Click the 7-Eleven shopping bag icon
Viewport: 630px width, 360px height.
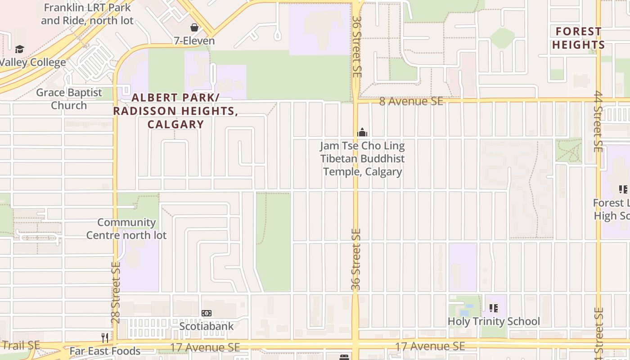194,27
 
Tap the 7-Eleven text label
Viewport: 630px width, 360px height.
194,41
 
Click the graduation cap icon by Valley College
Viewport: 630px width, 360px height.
19,49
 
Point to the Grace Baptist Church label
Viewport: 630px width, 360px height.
69,99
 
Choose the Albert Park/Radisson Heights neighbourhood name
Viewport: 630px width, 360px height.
175,111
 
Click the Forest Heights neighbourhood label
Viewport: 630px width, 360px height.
578,38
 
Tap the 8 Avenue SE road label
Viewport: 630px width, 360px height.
411,101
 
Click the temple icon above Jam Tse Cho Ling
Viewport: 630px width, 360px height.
362,132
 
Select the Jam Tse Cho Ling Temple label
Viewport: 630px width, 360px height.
362,159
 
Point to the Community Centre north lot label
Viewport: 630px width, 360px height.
126,229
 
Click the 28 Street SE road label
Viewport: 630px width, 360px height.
116,292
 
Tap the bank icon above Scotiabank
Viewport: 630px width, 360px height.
207,313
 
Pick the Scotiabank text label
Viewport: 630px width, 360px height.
207,326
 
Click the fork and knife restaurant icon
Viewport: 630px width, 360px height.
104,337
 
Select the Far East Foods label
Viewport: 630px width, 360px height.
105,351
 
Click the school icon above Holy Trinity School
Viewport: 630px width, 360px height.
494,308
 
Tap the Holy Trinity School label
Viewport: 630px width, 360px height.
494,321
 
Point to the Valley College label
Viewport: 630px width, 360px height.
32,63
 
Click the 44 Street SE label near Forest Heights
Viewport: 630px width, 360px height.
598,121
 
